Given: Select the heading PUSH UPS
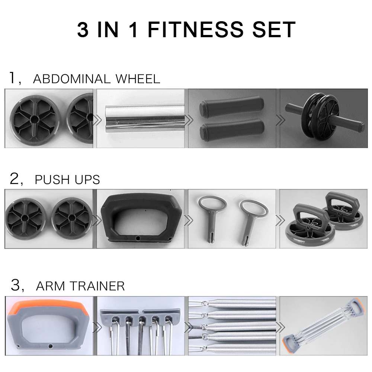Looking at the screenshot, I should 67,179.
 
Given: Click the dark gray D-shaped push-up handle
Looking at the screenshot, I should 140,218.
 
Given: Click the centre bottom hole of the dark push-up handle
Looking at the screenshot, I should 138,237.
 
